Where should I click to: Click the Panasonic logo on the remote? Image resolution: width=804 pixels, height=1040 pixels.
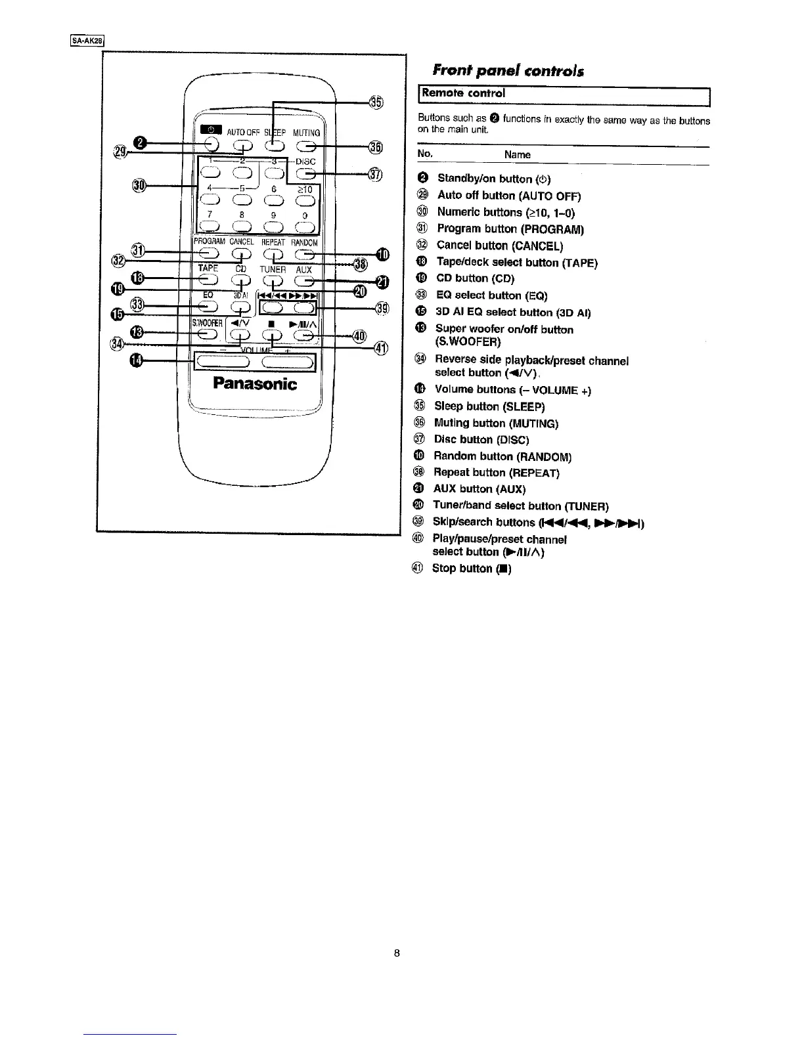[255, 384]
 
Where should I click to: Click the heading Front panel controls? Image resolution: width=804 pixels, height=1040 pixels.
[507, 71]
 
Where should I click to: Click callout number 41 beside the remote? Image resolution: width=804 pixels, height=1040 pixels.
[382, 349]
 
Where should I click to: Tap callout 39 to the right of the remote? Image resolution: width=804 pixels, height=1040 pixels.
[382, 308]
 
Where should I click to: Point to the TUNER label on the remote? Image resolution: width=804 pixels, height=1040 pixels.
[273, 269]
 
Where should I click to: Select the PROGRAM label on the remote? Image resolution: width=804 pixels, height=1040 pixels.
[210, 242]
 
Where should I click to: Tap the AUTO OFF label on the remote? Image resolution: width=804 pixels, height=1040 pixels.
[243, 133]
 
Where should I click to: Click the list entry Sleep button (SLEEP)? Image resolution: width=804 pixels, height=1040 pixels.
[489, 406]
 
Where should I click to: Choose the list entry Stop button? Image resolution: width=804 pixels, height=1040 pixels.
[471, 569]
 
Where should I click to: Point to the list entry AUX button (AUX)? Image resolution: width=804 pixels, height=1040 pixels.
[480, 488]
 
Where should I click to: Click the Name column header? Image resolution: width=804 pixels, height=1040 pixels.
[517, 155]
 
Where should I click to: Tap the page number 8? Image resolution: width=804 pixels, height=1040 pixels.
[397, 953]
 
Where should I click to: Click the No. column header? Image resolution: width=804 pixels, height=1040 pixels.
[425, 154]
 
